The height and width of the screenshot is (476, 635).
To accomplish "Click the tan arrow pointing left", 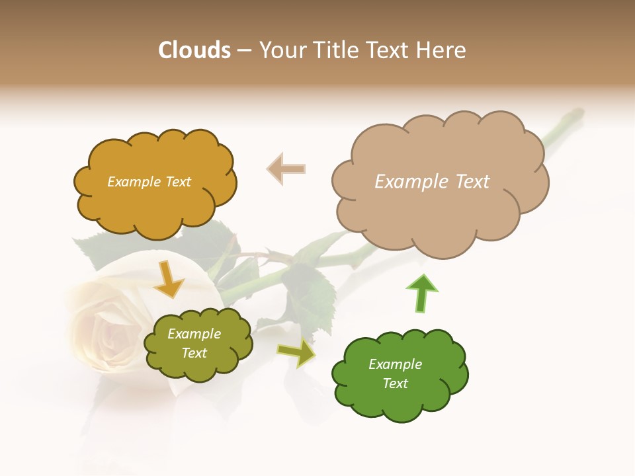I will [286, 169].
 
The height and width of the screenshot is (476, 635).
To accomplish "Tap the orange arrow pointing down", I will [169, 280].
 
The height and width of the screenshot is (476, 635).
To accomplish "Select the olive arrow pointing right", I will [296, 354].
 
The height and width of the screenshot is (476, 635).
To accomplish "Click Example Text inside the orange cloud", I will [149, 182].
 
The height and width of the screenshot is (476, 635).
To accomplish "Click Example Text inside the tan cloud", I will [432, 182].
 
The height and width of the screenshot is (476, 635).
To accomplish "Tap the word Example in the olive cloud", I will [194, 334].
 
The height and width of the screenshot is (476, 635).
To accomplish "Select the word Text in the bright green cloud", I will [395, 383].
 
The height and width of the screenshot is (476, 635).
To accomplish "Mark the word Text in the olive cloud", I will [194, 353].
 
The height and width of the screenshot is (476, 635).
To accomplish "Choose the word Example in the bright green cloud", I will [395, 364].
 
